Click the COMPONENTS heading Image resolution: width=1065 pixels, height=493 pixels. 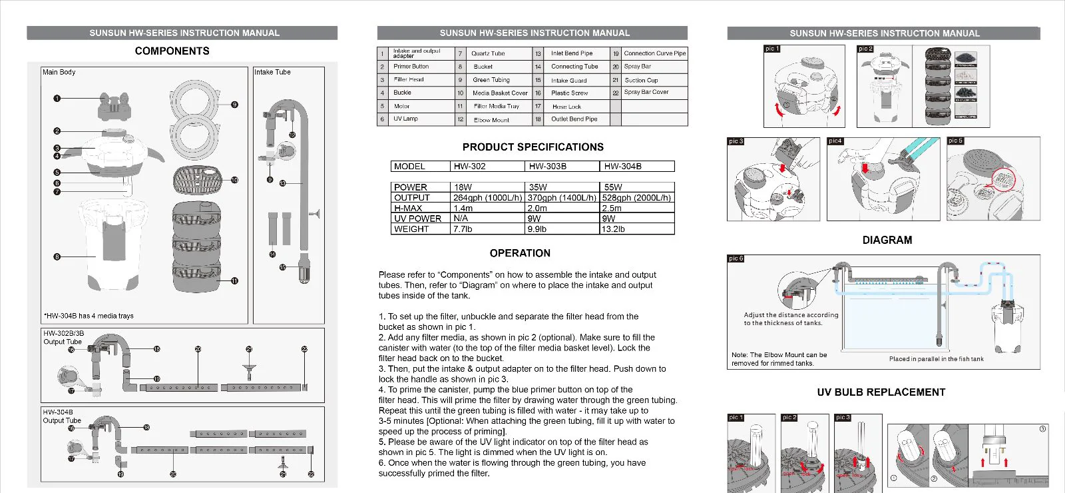(x=172, y=51)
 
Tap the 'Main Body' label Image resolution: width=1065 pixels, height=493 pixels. (x=59, y=72)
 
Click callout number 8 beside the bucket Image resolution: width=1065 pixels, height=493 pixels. (x=57, y=256)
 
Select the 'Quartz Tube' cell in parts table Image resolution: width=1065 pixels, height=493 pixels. (x=488, y=53)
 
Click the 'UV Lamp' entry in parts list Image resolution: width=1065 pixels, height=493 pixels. (x=405, y=119)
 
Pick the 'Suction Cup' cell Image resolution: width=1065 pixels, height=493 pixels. (x=641, y=80)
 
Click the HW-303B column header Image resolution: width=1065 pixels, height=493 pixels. (x=547, y=167)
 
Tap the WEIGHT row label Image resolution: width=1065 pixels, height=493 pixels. (x=411, y=229)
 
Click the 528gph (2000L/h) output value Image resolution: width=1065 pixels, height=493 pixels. (x=636, y=198)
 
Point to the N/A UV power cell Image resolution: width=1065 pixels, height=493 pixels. (x=461, y=218)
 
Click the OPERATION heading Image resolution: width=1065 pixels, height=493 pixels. (x=520, y=253)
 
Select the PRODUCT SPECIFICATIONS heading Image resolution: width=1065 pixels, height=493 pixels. (x=532, y=147)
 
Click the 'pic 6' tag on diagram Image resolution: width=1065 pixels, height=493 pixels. (x=736, y=258)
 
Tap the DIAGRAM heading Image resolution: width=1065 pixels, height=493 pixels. (x=887, y=240)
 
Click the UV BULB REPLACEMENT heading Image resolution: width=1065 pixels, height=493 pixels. (x=881, y=392)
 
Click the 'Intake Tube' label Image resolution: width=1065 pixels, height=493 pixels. (x=272, y=72)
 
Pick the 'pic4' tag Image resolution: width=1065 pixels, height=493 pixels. (x=835, y=141)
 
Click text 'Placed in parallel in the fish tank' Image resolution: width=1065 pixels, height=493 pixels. (x=936, y=359)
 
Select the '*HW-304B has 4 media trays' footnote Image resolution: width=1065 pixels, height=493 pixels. (x=89, y=316)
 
